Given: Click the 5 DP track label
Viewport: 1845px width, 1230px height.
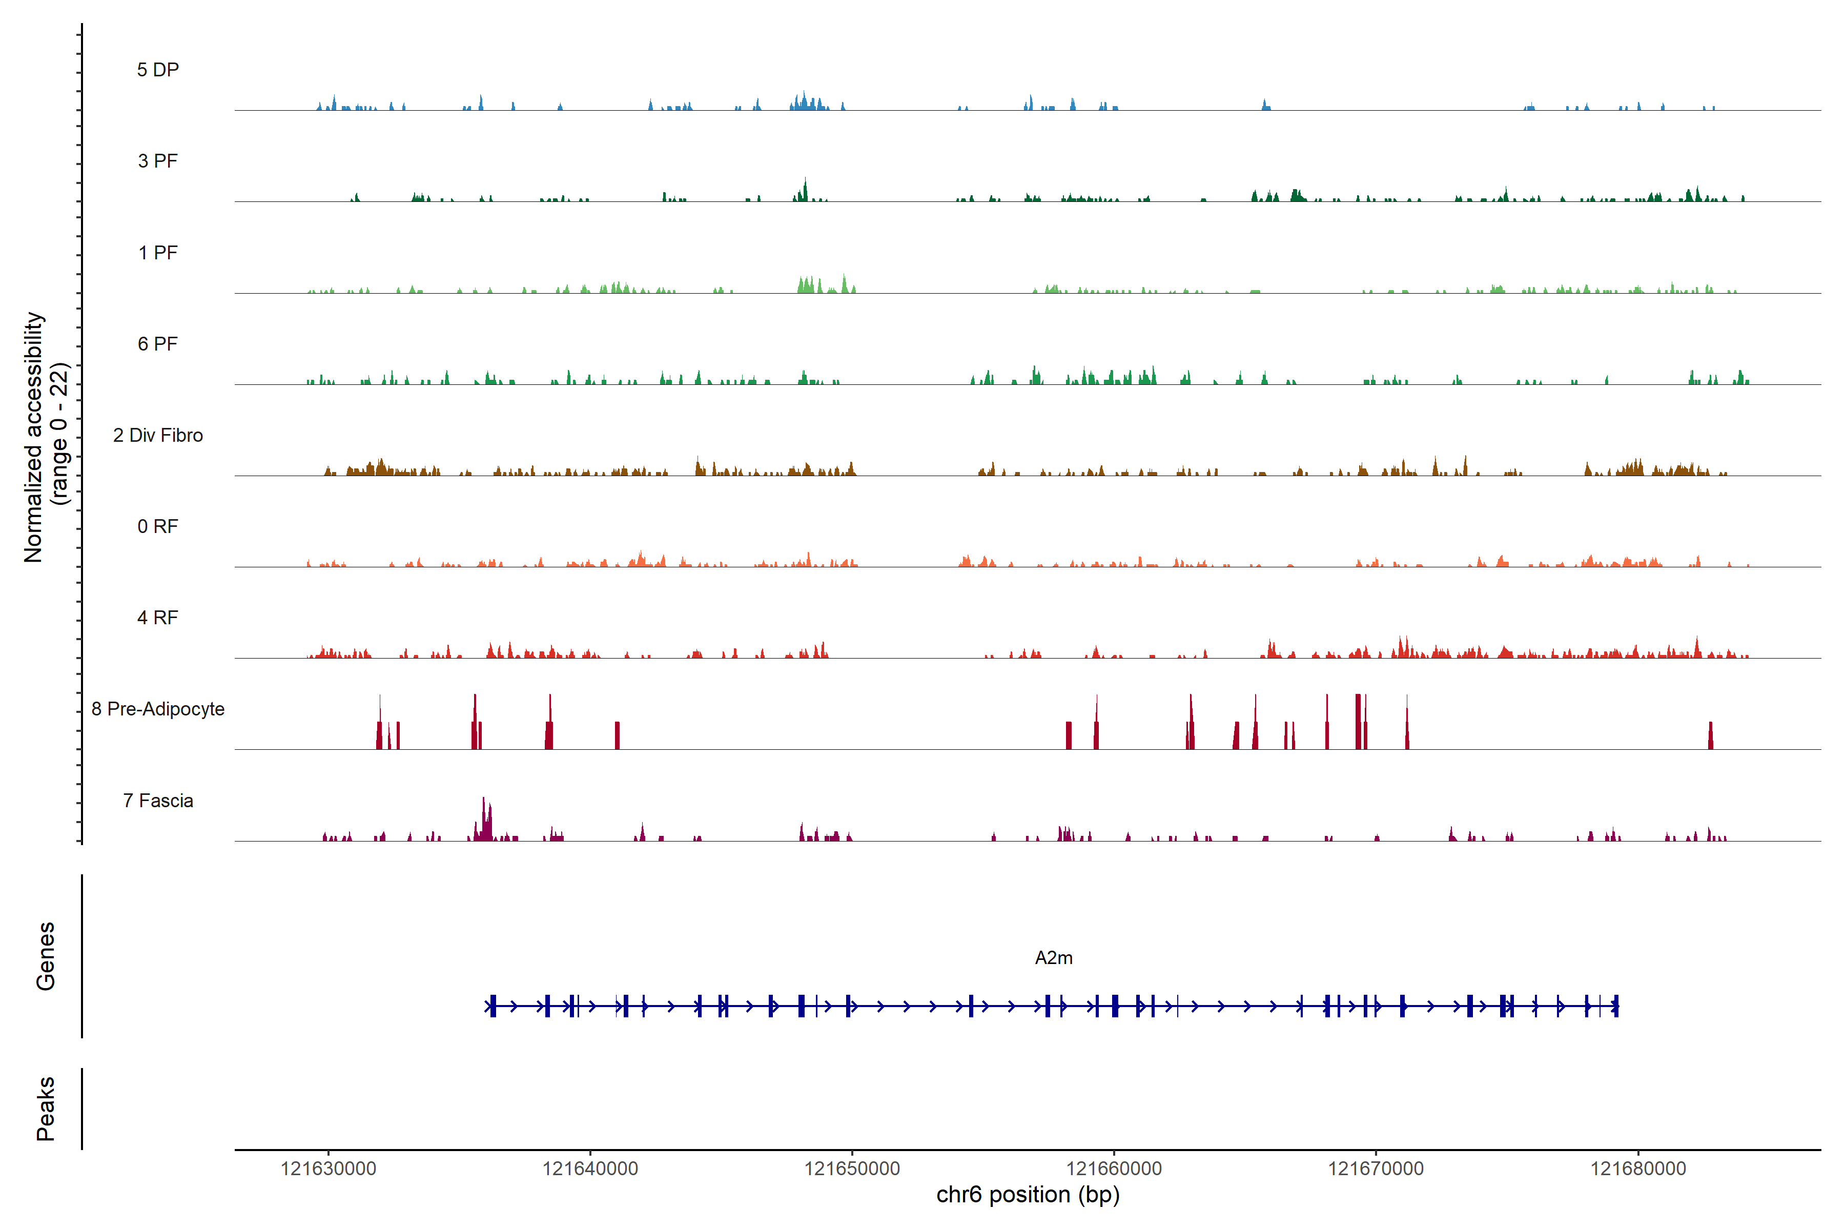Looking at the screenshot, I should pyautogui.click(x=158, y=70).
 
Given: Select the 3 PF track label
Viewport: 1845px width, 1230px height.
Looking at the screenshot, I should pyautogui.click(x=158, y=161).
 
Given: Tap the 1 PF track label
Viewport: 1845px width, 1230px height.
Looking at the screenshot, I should pyautogui.click(x=158, y=253).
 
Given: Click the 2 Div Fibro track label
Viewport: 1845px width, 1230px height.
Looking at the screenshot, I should pyautogui.click(x=158, y=435).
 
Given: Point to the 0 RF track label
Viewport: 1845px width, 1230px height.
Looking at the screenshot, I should pyautogui.click(x=158, y=526).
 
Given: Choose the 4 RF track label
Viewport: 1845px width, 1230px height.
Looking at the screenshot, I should pyautogui.click(x=158, y=618).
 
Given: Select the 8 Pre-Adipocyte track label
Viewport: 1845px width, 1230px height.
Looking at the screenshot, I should pyautogui.click(x=158, y=709).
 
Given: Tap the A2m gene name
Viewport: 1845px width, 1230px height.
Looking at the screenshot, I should pyautogui.click(x=1054, y=958).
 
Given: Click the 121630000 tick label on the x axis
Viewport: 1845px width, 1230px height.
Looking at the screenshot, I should pyautogui.click(x=328, y=1169).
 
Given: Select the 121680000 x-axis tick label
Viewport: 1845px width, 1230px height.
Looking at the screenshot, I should pyautogui.click(x=1638, y=1169).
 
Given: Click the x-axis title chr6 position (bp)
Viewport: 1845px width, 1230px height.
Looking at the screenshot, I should pyautogui.click(x=1028, y=1195).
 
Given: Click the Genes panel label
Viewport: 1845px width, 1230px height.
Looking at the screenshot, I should pyautogui.click(x=46, y=956).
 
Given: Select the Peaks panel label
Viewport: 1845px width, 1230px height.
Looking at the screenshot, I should pyautogui.click(x=46, y=1109).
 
